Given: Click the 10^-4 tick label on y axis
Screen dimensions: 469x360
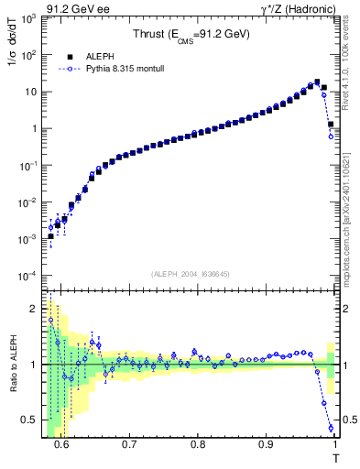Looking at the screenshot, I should click(27, 276).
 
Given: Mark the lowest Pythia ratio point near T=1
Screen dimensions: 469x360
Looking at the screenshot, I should click(331, 428).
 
